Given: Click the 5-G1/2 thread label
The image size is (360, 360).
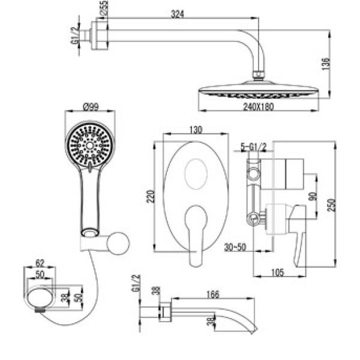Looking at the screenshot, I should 253,146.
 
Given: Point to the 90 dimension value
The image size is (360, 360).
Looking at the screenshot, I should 311,197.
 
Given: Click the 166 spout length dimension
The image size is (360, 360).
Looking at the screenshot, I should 211,295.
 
